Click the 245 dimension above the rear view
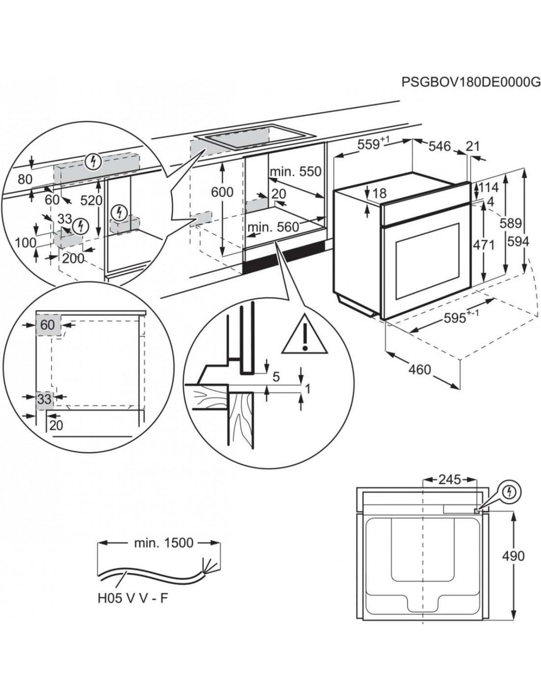(x=450, y=478)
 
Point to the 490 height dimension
(x=513, y=556)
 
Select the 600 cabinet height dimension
(x=222, y=191)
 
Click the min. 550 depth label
(x=295, y=172)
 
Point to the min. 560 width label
(x=273, y=227)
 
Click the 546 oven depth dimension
(x=439, y=146)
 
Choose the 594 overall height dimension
(x=518, y=242)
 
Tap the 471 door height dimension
(x=483, y=245)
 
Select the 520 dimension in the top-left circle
(x=91, y=200)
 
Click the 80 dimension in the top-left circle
(x=25, y=179)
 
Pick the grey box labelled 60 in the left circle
(x=47, y=325)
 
